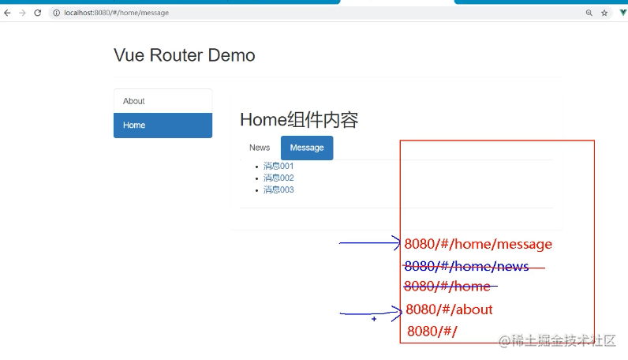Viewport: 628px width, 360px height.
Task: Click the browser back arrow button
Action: point(7,13)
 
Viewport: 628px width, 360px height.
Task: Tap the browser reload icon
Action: point(38,13)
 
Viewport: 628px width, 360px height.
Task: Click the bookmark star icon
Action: point(604,13)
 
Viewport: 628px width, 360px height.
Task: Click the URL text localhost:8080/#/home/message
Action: point(116,13)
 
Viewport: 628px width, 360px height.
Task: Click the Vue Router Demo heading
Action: point(185,55)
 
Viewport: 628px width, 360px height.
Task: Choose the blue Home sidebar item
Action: point(163,126)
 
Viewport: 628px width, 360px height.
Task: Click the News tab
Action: point(260,148)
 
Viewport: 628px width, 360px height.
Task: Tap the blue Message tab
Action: point(307,148)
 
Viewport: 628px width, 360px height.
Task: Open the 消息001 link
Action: point(278,166)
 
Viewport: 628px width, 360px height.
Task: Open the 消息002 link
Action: point(278,178)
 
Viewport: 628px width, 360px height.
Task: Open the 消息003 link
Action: point(278,189)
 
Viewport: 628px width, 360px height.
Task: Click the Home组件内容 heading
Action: point(299,119)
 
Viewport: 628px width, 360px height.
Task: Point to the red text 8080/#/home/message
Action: point(478,244)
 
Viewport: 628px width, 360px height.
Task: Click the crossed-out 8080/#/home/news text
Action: point(466,266)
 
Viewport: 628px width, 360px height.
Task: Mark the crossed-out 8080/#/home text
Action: point(447,287)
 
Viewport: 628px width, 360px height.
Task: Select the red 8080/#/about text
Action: point(449,309)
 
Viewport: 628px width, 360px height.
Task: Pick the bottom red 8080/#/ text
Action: point(432,331)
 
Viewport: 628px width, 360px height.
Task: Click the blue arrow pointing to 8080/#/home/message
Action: point(370,243)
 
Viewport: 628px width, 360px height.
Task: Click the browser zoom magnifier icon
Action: point(589,13)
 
